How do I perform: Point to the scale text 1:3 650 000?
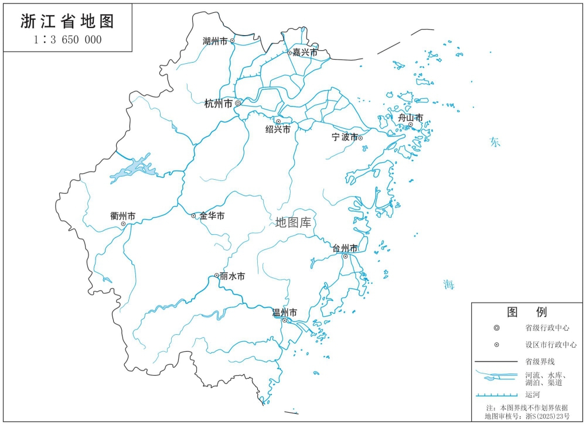(x=67, y=40)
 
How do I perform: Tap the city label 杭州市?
(x=218, y=104)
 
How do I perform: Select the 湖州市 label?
(x=214, y=41)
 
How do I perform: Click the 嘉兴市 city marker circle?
(x=289, y=53)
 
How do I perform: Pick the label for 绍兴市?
(x=278, y=130)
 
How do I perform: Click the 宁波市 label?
(x=344, y=138)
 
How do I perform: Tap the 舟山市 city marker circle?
(x=411, y=124)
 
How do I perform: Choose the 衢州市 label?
(x=122, y=216)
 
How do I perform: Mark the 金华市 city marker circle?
(x=194, y=216)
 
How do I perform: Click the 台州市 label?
(x=344, y=248)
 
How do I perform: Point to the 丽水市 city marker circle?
(x=217, y=275)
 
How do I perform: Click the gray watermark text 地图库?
(x=293, y=222)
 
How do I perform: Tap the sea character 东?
(x=496, y=142)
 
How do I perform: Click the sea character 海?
(x=448, y=285)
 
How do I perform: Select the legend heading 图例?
(x=527, y=311)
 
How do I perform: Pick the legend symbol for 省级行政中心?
(x=496, y=328)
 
